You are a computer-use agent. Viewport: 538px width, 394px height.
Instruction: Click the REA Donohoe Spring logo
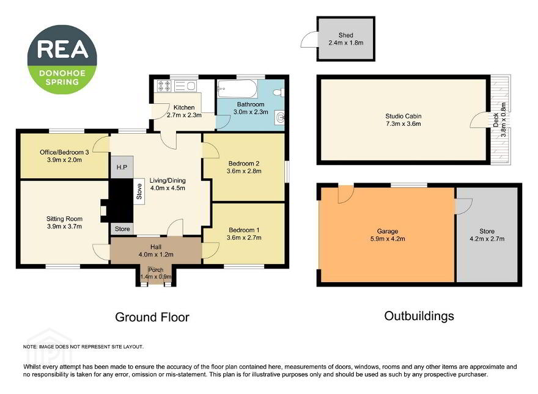(62, 59)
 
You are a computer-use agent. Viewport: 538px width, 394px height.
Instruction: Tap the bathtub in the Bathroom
(237, 89)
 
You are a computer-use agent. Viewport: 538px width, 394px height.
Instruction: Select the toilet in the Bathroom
(279, 92)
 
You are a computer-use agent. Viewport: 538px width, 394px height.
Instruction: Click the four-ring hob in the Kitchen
(164, 86)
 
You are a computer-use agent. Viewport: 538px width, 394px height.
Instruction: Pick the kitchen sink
(185, 86)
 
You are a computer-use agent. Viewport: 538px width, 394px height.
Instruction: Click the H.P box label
(122, 167)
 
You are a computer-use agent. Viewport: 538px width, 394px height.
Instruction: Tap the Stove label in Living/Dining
(139, 192)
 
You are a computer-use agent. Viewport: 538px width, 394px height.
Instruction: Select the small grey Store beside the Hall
(122, 228)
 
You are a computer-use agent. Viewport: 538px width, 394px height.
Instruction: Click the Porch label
(156, 270)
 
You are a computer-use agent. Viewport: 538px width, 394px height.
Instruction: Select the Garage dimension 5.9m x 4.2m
(388, 239)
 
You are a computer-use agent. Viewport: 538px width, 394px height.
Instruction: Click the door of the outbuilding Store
(463, 206)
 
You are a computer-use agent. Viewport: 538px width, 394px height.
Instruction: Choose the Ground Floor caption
(152, 317)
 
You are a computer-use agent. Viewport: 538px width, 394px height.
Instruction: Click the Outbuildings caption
(419, 316)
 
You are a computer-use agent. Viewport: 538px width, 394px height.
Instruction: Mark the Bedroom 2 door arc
(211, 150)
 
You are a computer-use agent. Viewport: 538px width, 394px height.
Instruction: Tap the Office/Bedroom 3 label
(64, 152)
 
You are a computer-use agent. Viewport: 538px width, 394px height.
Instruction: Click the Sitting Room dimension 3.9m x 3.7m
(65, 226)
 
